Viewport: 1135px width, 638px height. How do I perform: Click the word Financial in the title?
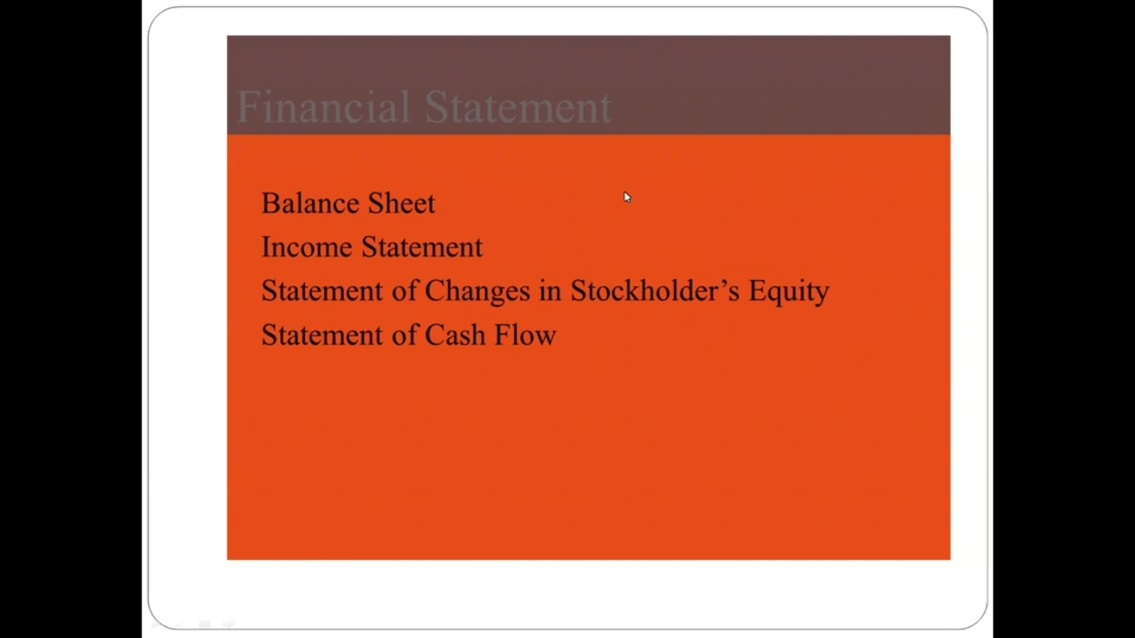click(x=322, y=106)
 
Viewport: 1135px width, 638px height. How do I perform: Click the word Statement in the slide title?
click(x=518, y=106)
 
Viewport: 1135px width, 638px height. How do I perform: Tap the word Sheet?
click(x=401, y=204)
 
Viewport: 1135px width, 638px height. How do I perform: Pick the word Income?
click(x=307, y=248)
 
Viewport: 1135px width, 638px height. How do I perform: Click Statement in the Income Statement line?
click(x=422, y=248)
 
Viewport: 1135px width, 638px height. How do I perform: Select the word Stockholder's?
click(x=655, y=291)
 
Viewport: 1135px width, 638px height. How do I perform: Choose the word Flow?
click(x=525, y=336)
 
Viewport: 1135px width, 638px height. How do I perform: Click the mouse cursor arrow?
click(x=627, y=197)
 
